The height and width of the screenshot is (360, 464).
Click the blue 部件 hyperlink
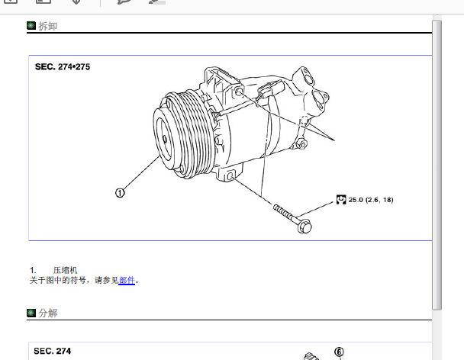(x=127, y=280)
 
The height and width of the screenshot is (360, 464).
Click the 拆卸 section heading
(x=47, y=26)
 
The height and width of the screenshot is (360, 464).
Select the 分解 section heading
(x=47, y=313)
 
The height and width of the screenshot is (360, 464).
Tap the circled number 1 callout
(x=120, y=193)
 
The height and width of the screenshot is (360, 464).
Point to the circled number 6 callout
(x=339, y=352)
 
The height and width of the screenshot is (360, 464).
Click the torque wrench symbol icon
(x=341, y=200)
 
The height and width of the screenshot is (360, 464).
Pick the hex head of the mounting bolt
(x=304, y=227)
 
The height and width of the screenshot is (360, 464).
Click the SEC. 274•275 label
(x=63, y=67)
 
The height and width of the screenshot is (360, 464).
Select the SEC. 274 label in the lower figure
(x=53, y=351)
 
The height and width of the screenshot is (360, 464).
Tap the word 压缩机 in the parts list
(x=65, y=270)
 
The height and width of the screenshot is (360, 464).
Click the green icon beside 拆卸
(x=31, y=26)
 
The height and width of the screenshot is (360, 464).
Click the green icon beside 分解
(x=31, y=313)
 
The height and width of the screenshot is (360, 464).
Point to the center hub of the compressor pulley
(x=165, y=140)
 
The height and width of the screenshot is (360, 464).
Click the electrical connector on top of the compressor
(x=270, y=88)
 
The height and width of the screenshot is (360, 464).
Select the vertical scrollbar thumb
(x=437, y=166)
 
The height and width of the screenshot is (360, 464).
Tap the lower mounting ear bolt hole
(x=230, y=177)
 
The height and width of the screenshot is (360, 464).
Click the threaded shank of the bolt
(x=284, y=212)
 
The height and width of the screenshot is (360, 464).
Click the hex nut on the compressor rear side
(x=302, y=144)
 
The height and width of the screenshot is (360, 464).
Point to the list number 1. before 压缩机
(x=33, y=270)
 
